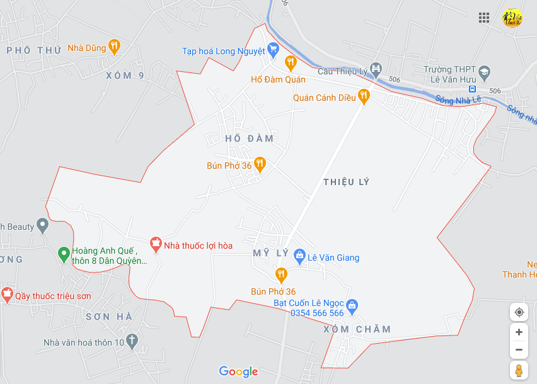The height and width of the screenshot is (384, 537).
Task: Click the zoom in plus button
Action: [519, 332]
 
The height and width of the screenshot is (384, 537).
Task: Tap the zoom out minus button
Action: [519, 349]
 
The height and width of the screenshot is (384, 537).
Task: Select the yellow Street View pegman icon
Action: [519, 370]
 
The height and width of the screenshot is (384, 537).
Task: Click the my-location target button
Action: [519, 312]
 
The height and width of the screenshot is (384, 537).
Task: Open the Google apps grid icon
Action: [484, 18]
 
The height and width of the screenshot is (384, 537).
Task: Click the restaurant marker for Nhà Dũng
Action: [113, 45]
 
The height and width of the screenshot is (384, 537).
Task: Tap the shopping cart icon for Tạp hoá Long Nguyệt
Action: [273, 48]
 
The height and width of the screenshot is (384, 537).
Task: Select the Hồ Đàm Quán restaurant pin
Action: [290, 62]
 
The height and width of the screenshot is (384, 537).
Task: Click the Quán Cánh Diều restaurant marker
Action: [364, 96]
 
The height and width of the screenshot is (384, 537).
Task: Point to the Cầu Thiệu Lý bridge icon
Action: [376, 68]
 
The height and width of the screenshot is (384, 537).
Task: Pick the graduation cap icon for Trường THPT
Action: [484, 71]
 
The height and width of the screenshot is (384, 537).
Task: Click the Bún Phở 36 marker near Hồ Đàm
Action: [260, 164]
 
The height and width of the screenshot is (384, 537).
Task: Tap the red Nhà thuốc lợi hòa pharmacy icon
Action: [155, 243]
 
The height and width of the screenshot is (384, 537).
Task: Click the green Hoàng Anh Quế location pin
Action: [63, 254]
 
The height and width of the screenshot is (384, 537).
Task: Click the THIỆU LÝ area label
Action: [346, 182]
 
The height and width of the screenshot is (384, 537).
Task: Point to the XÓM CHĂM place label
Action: [357, 329]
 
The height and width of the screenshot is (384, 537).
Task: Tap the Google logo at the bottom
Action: [238, 371]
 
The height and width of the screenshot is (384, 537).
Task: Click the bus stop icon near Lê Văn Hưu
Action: [472, 89]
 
